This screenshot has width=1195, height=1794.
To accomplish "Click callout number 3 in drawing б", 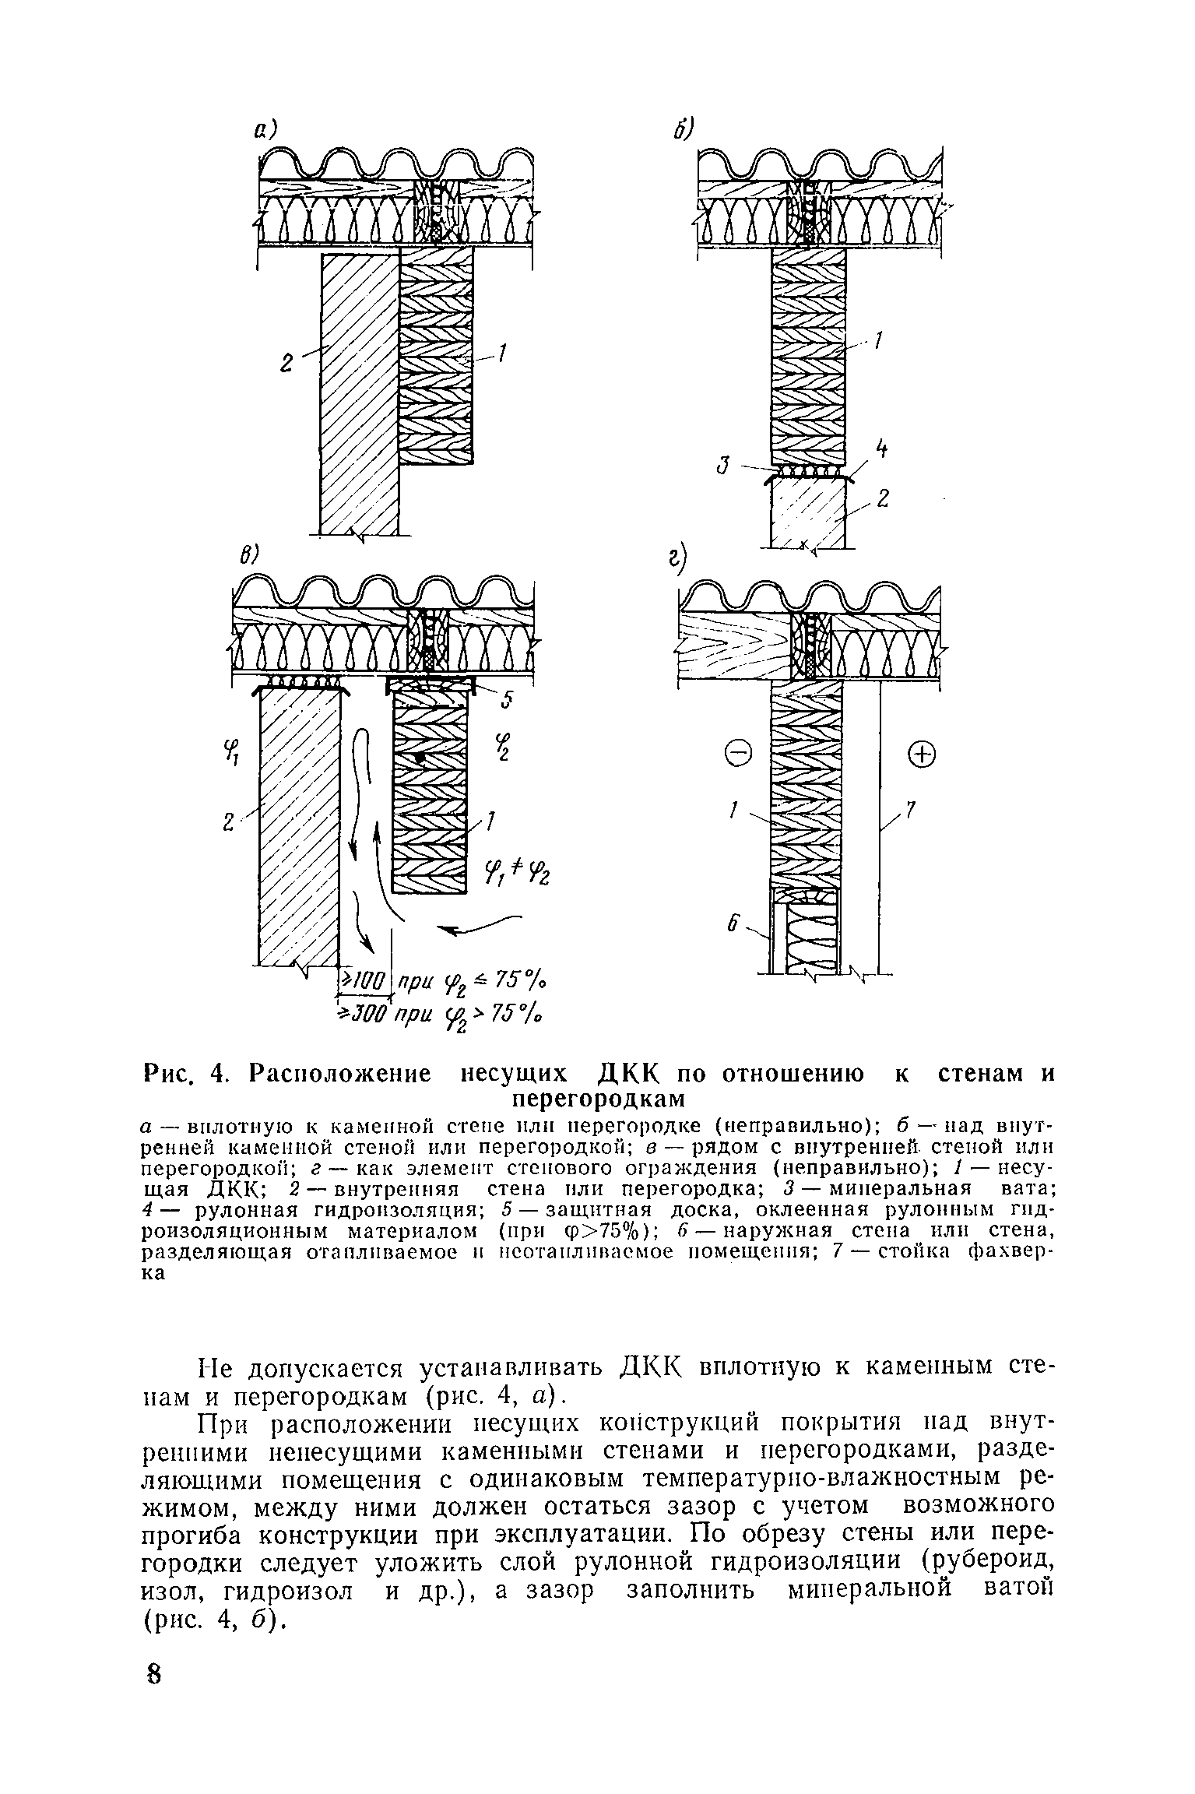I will tap(723, 466).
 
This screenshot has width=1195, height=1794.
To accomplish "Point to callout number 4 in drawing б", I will tap(881, 449).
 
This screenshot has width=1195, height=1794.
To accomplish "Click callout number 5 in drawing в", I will tap(508, 700).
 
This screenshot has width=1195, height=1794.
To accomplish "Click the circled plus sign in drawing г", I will tap(922, 754).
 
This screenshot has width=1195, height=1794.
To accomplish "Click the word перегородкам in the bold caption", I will tap(598, 1098).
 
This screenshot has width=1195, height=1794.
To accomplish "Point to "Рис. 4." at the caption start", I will tap(184, 1075).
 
